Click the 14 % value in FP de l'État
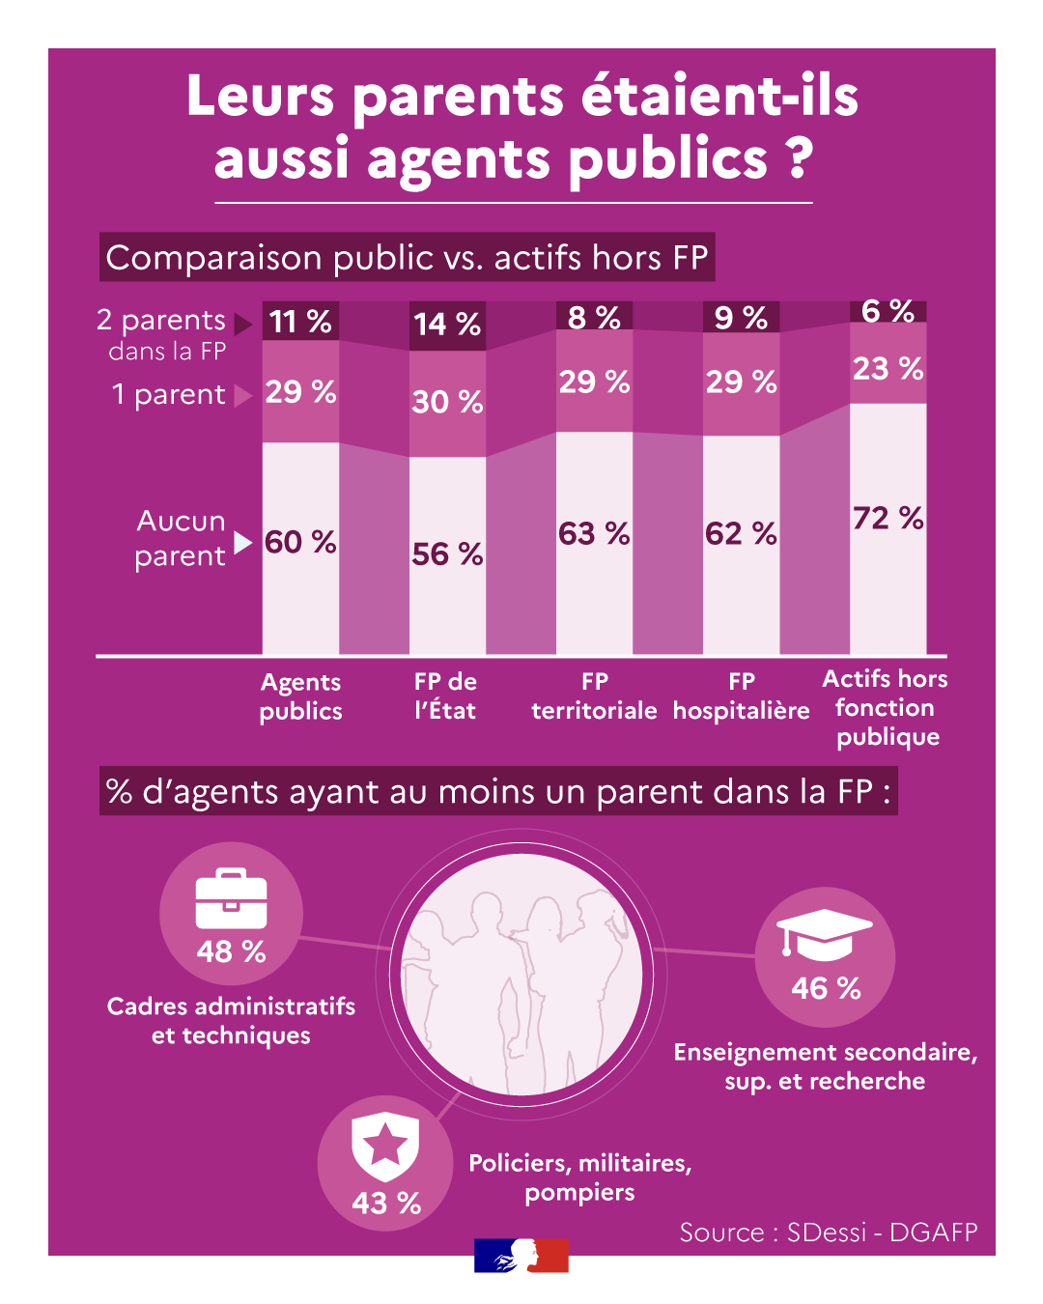point(447,324)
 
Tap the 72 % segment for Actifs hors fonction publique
point(888,518)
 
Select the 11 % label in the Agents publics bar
point(300,321)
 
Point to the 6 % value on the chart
point(888,311)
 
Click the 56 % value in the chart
point(447,553)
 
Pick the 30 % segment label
point(447,401)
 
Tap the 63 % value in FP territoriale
point(594,533)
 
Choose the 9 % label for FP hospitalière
point(741,318)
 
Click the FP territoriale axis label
point(594,695)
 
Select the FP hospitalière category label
point(741,695)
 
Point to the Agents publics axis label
point(300,696)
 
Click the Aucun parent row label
point(181,538)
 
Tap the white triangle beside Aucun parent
point(242,542)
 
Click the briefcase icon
point(231,898)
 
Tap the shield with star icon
point(385,1147)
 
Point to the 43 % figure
point(386,1203)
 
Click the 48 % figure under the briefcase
point(231,951)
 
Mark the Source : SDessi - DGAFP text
point(829,1233)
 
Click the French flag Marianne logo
point(521,1255)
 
